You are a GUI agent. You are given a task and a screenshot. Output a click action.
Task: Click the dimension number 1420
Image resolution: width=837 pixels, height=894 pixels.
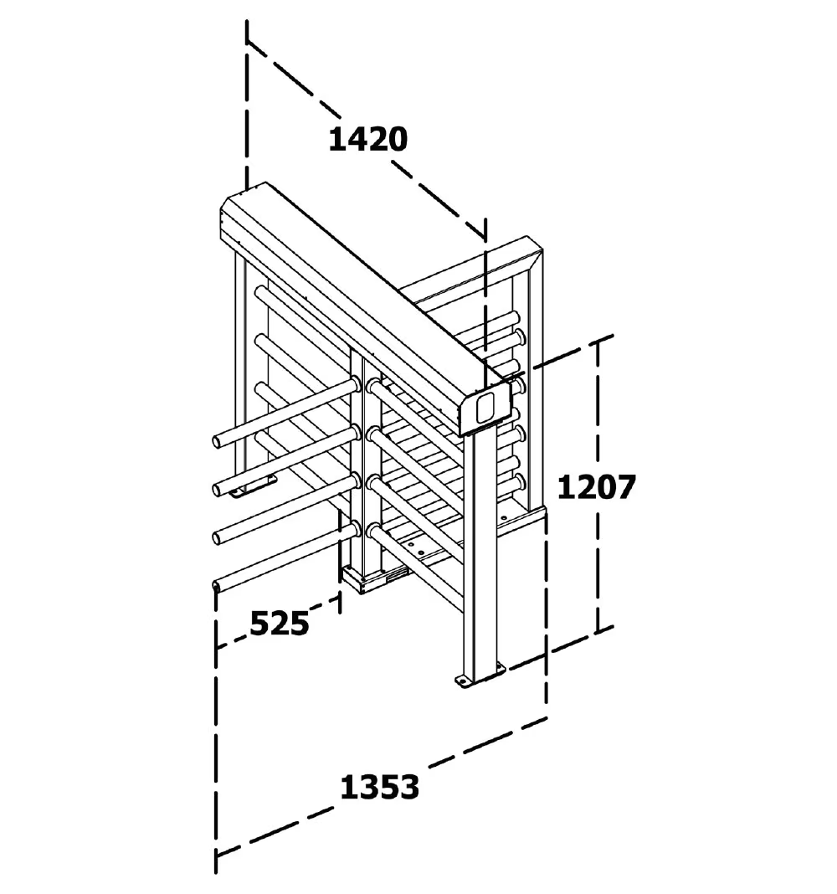pyautogui.click(x=368, y=140)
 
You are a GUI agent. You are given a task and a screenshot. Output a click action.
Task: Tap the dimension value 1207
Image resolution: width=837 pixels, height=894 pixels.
pyautogui.click(x=596, y=487)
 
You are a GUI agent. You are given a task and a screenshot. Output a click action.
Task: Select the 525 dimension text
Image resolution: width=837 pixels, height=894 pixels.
pyautogui.click(x=280, y=623)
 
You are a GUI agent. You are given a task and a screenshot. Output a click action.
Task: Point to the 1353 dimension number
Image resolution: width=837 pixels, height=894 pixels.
pyautogui.click(x=380, y=788)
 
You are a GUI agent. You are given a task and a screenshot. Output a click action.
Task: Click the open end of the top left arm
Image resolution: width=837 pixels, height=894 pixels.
pyautogui.click(x=218, y=441)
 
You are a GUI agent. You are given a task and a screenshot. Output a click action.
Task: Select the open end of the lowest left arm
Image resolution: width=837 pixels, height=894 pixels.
pyautogui.click(x=217, y=586)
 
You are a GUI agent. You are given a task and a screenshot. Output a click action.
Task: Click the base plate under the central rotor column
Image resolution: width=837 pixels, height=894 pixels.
pyautogui.click(x=363, y=580)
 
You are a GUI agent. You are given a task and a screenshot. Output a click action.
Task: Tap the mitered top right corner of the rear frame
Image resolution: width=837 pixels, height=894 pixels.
pyautogui.click(x=535, y=251)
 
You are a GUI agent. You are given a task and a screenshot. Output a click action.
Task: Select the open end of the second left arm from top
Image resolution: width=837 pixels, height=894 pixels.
pyautogui.click(x=218, y=489)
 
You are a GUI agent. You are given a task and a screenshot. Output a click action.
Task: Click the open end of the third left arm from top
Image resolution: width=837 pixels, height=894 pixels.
pyautogui.click(x=218, y=537)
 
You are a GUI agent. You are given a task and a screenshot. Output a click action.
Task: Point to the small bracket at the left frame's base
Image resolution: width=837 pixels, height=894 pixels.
pyautogui.click(x=253, y=486)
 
